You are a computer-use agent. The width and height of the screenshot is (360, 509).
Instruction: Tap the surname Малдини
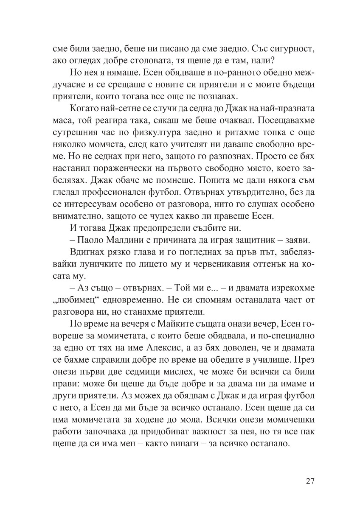coord(125,235)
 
